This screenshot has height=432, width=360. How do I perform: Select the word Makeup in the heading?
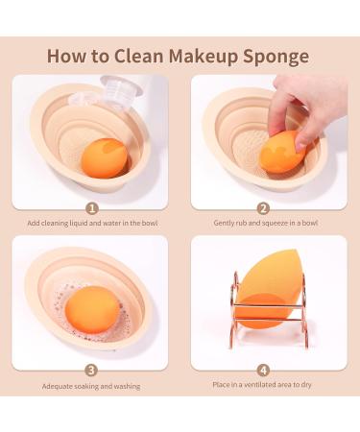tap(212, 56)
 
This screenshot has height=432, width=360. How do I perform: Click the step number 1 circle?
tap(91, 208)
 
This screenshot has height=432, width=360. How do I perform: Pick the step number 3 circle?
tap(91, 370)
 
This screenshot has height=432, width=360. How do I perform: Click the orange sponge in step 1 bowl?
tap(104, 156)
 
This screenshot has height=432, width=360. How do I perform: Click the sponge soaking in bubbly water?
tap(94, 308)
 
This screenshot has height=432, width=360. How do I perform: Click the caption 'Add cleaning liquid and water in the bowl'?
tap(91, 224)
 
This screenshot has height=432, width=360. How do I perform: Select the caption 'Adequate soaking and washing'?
tap(91, 386)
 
